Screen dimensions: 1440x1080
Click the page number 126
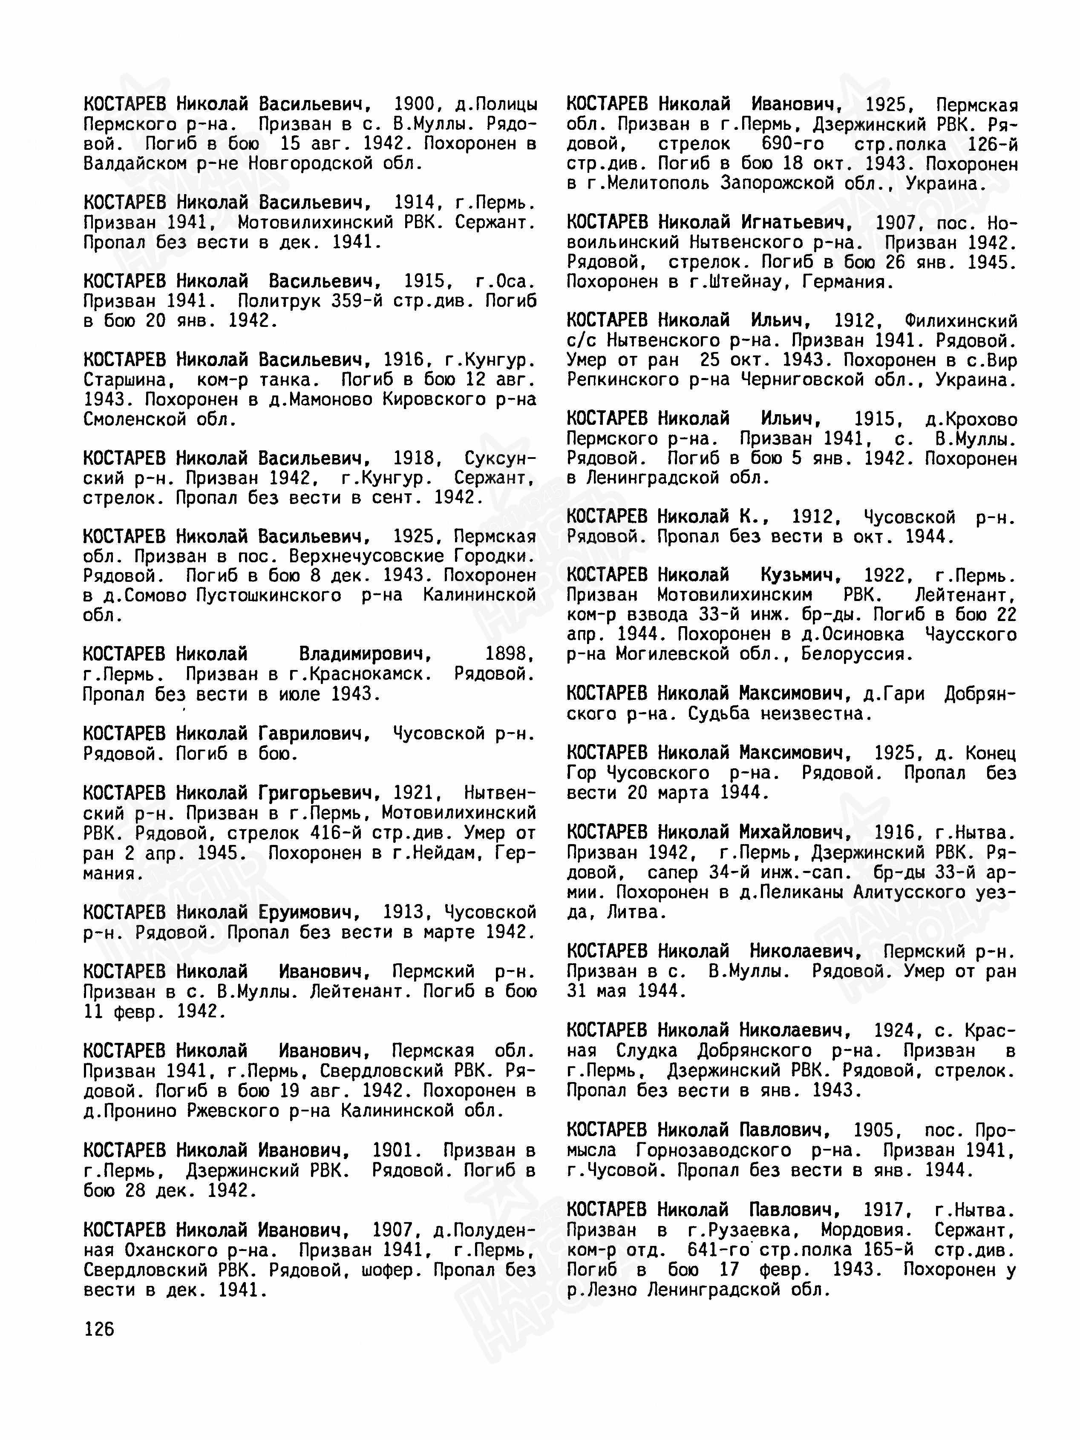pos(99,1328)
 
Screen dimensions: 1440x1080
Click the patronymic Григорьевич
pos(319,793)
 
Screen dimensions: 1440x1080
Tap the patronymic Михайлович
pos(795,832)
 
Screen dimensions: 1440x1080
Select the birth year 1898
pos(510,654)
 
